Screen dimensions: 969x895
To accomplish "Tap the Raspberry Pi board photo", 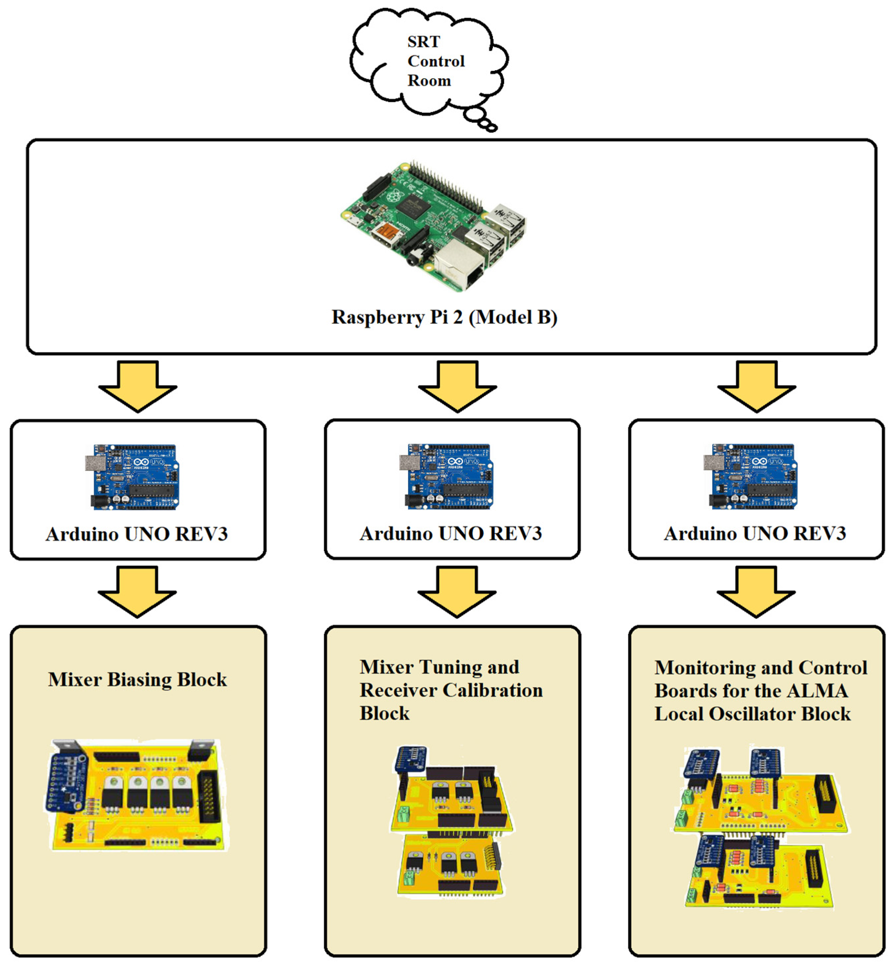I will click(x=434, y=225).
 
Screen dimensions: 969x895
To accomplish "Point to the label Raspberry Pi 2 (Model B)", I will click(x=444, y=317).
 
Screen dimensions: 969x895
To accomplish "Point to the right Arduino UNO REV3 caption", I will click(x=755, y=534).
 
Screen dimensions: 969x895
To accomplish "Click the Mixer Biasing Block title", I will click(x=137, y=680).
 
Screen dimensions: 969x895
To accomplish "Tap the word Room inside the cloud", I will click(x=429, y=81).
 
